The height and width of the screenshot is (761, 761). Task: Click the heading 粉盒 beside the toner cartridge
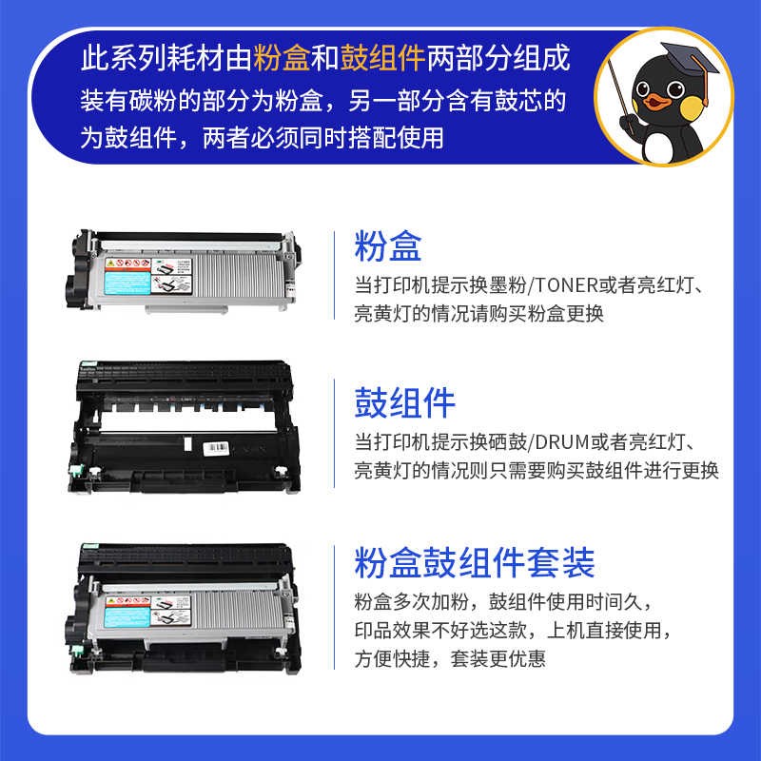(387, 247)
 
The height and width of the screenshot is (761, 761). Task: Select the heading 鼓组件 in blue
(404, 402)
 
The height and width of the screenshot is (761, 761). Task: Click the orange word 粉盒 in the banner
(280, 59)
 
